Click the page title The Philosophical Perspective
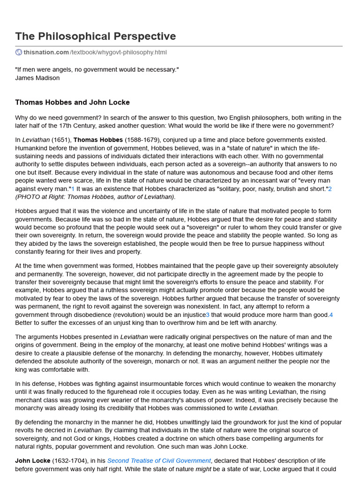(x=96, y=37)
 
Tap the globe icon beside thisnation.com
(x=19, y=52)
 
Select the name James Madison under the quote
(x=37, y=78)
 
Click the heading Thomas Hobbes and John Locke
(x=72, y=102)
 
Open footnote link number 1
(x=73, y=188)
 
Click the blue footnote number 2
(x=330, y=188)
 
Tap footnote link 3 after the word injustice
(x=208, y=315)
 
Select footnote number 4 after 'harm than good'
(x=331, y=315)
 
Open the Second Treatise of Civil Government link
(x=158, y=461)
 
